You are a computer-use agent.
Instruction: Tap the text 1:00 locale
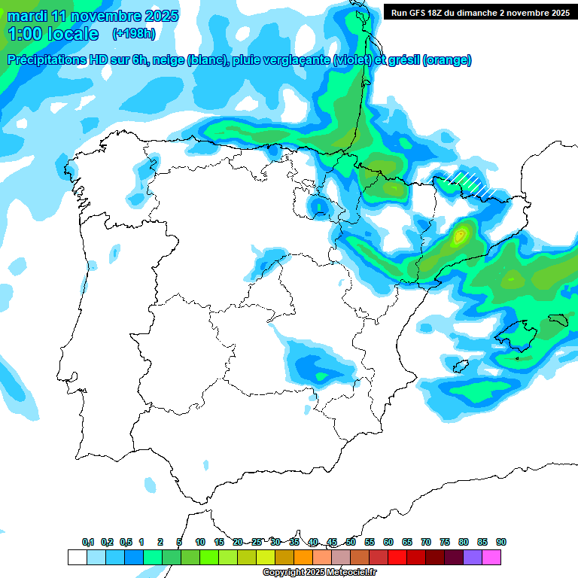coord(53,34)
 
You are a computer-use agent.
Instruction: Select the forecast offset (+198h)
coord(134,34)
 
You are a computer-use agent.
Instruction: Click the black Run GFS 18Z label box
coord(479,12)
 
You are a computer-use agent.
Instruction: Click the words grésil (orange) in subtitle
coord(433,60)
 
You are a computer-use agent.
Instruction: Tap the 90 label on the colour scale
coord(501,542)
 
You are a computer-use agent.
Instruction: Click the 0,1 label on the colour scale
coord(88,542)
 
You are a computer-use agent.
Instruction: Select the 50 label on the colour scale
coord(351,542)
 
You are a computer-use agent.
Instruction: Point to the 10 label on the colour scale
coord(200,542)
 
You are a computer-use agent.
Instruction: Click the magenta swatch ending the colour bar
coord(491,557)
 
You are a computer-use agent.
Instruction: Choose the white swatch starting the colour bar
coord(77,557)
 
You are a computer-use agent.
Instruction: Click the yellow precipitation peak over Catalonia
coord(460,236)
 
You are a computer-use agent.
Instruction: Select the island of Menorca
coord(558,320)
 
